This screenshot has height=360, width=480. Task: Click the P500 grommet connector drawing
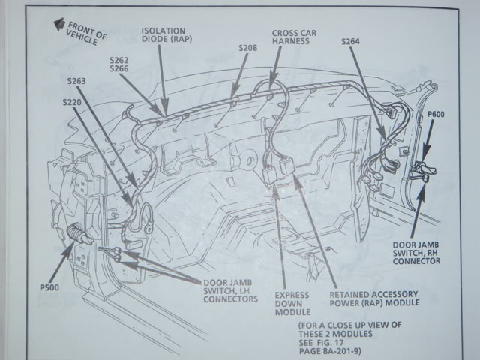(x=78, y=236)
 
